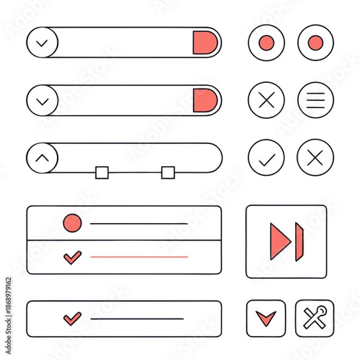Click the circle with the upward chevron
(42, 158)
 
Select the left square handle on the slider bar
(101, 173)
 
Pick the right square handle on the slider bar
(167, 173)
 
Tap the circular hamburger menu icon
(316, 100)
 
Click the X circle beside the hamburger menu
(266, 100)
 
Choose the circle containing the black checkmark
(266, 158)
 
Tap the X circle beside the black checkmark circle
(316, 158)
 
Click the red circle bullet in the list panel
(72, 223)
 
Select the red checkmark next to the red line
(72, 257)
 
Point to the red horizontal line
(139, 257)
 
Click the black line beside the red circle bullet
(139, 224)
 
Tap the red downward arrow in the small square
(265, 317)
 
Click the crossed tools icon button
(314, 317)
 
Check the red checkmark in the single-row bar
(72, 317)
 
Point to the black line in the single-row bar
(137, 318)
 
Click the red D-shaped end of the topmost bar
(205, 43)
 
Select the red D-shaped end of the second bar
(205, 100)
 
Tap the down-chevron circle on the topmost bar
(42, 43)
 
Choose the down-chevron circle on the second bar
(42, 100)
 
